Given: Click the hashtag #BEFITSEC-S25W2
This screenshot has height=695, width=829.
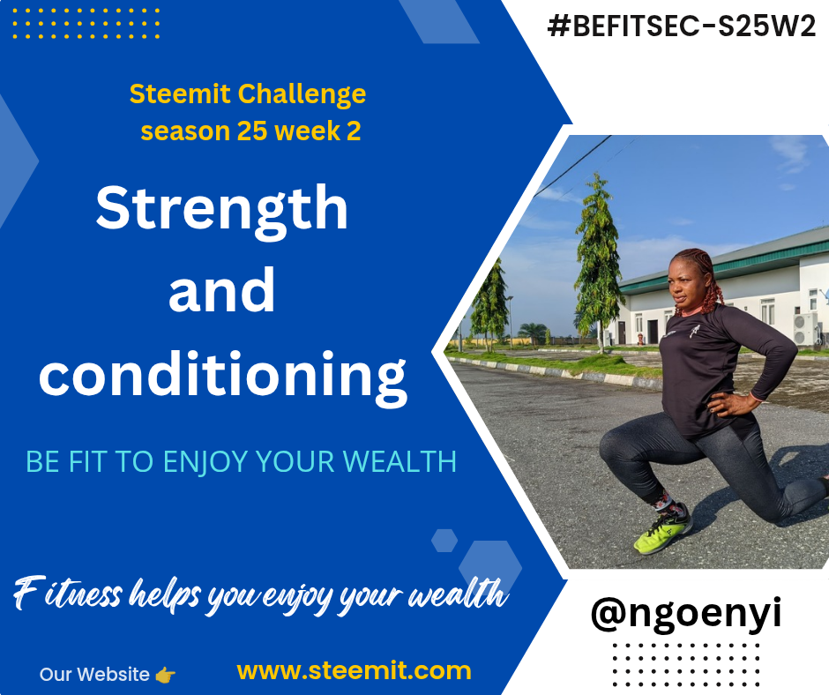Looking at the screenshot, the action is click(x=682, y=26).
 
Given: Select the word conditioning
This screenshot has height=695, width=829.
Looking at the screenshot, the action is click(x=223, y=375).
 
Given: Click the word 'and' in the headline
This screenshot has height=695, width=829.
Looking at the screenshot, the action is click(x=221, y=290).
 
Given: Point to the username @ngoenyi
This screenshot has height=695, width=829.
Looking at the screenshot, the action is click(x=686, y=614).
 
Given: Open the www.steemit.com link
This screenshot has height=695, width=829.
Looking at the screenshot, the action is click(x=354, y=670).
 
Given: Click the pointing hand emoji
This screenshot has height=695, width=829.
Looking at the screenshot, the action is click(x=166, y=675).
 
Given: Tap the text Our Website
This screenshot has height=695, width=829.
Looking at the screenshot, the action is click(x=94, y=675).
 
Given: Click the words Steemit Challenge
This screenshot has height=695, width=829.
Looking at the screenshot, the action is click(x=248, y=94).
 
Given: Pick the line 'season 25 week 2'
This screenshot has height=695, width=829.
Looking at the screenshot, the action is click(x=250, y=131).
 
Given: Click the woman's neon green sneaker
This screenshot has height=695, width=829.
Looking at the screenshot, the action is click(x=663, y=531).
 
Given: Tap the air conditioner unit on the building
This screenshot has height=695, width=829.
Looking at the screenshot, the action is click(x=805, y=329).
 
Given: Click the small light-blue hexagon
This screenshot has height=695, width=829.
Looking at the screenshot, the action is click(x=444, y=541).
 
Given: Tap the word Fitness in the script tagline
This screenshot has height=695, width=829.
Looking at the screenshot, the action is click(x=67, y=594).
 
